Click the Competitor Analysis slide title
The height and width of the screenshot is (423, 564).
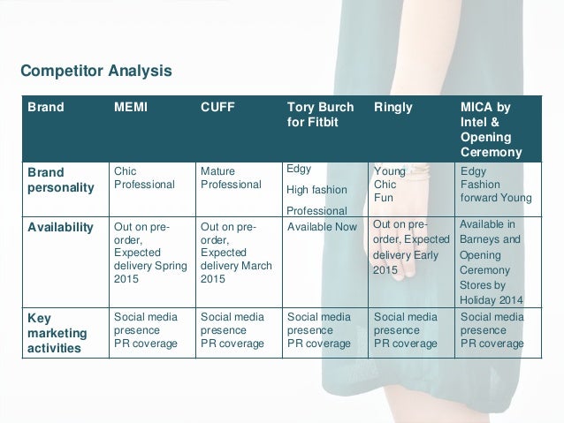(96, 70)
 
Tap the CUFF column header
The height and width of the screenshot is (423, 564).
(217, 108)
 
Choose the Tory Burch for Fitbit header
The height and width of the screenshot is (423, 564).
(321, 115)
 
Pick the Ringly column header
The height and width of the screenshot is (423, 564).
(393, 108)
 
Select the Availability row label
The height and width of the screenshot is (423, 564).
(58, 227)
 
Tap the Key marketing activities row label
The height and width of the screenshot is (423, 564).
(56, 330)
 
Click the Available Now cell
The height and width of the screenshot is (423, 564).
(322, 227)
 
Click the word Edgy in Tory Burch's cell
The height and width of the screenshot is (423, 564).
(300, 169)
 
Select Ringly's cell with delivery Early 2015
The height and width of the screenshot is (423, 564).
(412, 247)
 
